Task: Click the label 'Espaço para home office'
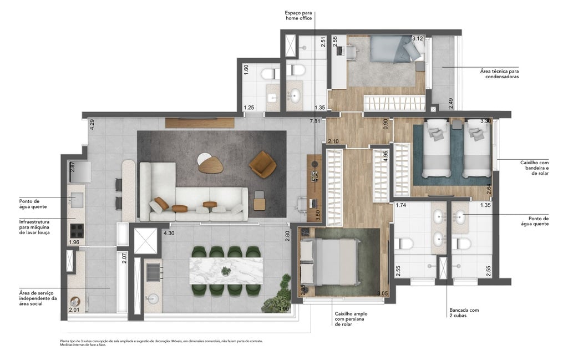pyautogui.click(x=299, y=15)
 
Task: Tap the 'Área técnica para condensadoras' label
pyautogui.click(x=499, y=74)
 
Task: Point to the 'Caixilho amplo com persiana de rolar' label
pyautogui.click(x=351, y=319)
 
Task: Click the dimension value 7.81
pyautogui.click(x=315, y=121)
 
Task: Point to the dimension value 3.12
pyautogui.click(x=417, y=38)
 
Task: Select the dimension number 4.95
pyautogui.click(x=386, y=155)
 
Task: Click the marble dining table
pyautogui.click(x=226, y=271)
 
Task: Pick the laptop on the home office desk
pyautogui.click(x=315, y=177)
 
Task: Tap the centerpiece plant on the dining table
pyautogui.click(x=226, y=271)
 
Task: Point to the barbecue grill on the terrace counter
pyautogui.click(x=151, y=270)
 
